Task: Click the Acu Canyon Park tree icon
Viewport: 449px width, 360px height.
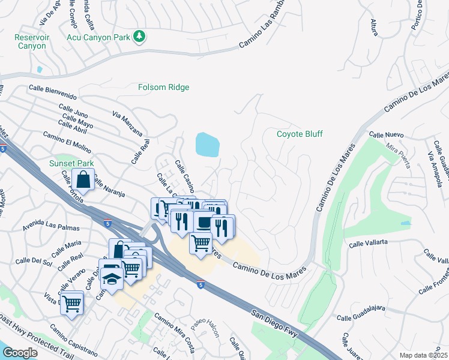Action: tap(139, 37)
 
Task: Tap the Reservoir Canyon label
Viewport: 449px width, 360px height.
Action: tap(30, 41)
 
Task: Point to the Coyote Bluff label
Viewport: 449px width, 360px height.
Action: tap(300, 134)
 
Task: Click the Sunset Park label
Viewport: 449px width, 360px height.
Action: tap(71, 163)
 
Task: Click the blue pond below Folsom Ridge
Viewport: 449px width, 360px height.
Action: tap(207, 145)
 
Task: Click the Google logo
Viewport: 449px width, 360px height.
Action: tap(20, 353)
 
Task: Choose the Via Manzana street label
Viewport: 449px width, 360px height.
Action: tap(128, 123)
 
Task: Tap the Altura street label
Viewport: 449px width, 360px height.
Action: tap(375, 27)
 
